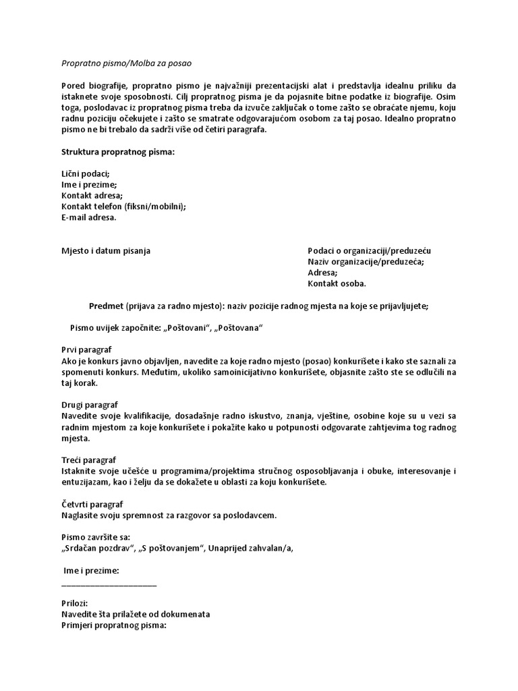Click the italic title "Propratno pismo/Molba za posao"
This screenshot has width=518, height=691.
coord(126,63)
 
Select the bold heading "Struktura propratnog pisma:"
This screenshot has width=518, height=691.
coord(118,152)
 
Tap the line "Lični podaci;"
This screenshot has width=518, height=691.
coord(85,173)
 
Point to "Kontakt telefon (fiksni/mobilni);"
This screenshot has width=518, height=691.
coord(123,206)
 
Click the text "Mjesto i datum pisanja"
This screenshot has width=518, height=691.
coord(106,250)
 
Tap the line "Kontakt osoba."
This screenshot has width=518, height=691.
coord(337,283)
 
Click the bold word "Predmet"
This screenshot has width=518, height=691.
coord(106,306)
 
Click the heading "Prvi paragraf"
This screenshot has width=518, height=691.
coord(86,350)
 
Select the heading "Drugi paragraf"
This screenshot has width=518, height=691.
coord(90,404)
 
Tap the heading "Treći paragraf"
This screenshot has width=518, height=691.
coord(88,460)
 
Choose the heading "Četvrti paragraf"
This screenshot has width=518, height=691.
coord(92,504)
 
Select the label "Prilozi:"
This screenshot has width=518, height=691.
coord(74,603)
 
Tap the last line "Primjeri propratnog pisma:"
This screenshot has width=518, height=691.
coord(113,626)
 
